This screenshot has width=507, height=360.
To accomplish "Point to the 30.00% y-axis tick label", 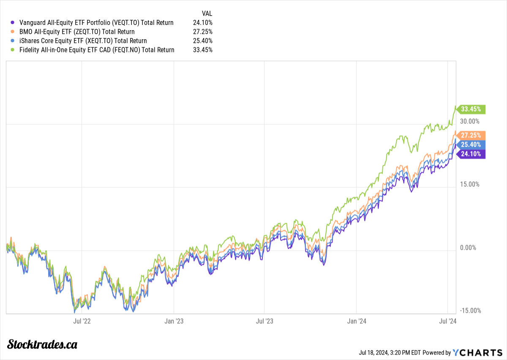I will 469,121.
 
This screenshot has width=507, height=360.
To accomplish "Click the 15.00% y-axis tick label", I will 469,184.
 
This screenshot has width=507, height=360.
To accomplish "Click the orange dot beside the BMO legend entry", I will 13,32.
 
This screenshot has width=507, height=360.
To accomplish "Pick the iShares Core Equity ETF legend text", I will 83,41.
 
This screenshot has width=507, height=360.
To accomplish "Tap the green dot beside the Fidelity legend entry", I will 13,50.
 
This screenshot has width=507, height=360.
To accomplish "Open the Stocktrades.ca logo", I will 43,344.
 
